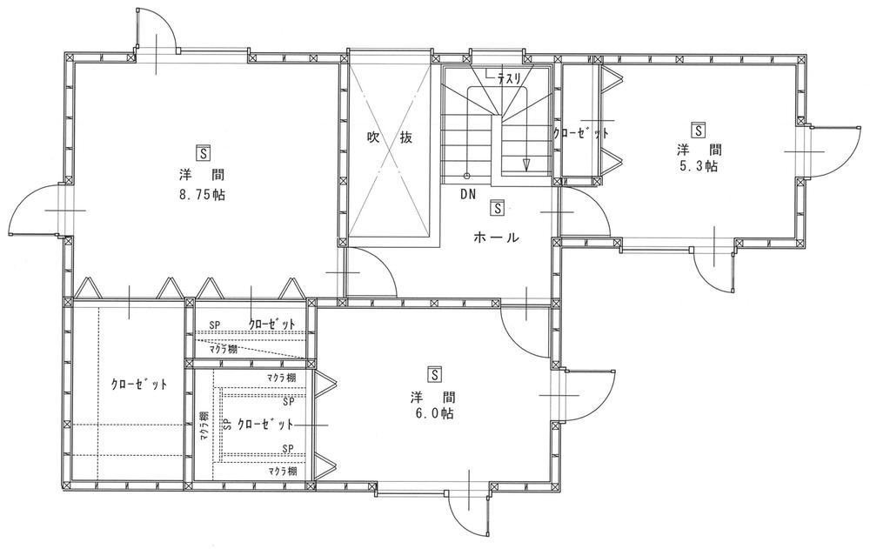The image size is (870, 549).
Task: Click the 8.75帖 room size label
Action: pos(202,195)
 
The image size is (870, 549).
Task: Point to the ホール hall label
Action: pos(497,237)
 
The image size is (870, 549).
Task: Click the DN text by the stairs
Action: pos(468,194)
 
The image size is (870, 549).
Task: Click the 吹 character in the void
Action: pos(373,137)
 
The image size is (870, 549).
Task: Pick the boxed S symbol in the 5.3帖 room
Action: pos(698,127)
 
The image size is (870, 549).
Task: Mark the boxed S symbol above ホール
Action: pos(497,209)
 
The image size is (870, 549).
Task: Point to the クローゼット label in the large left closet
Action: pos(139,384)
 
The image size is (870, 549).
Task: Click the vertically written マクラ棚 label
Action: pos(202,427)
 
